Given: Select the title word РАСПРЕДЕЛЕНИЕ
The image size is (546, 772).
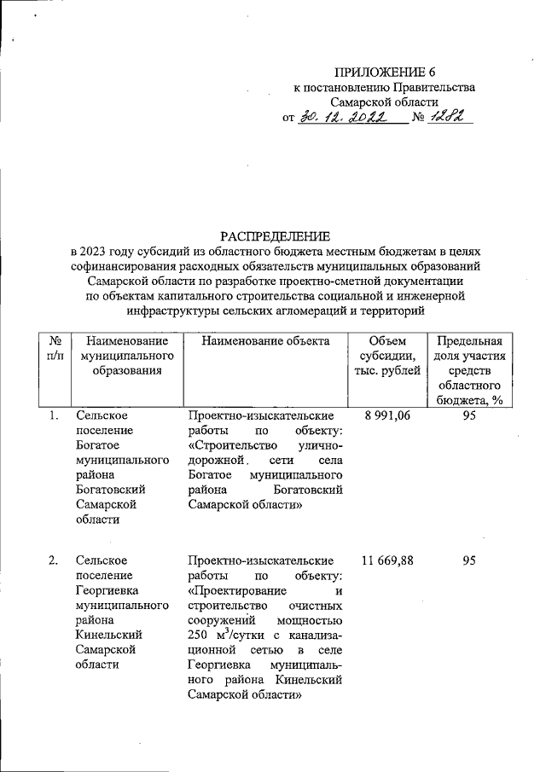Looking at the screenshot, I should tap(276, 235).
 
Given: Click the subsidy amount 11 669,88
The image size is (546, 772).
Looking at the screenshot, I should tap(386, 560).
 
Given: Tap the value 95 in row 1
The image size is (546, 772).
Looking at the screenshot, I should tap(468, 415).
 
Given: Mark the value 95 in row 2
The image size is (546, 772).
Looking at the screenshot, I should tap(468, 560).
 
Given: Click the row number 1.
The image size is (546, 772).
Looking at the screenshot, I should tap(53, 415).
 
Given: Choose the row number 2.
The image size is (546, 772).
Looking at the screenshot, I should tap(53, 560).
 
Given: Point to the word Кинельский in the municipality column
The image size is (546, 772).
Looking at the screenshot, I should tap(108, 635).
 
